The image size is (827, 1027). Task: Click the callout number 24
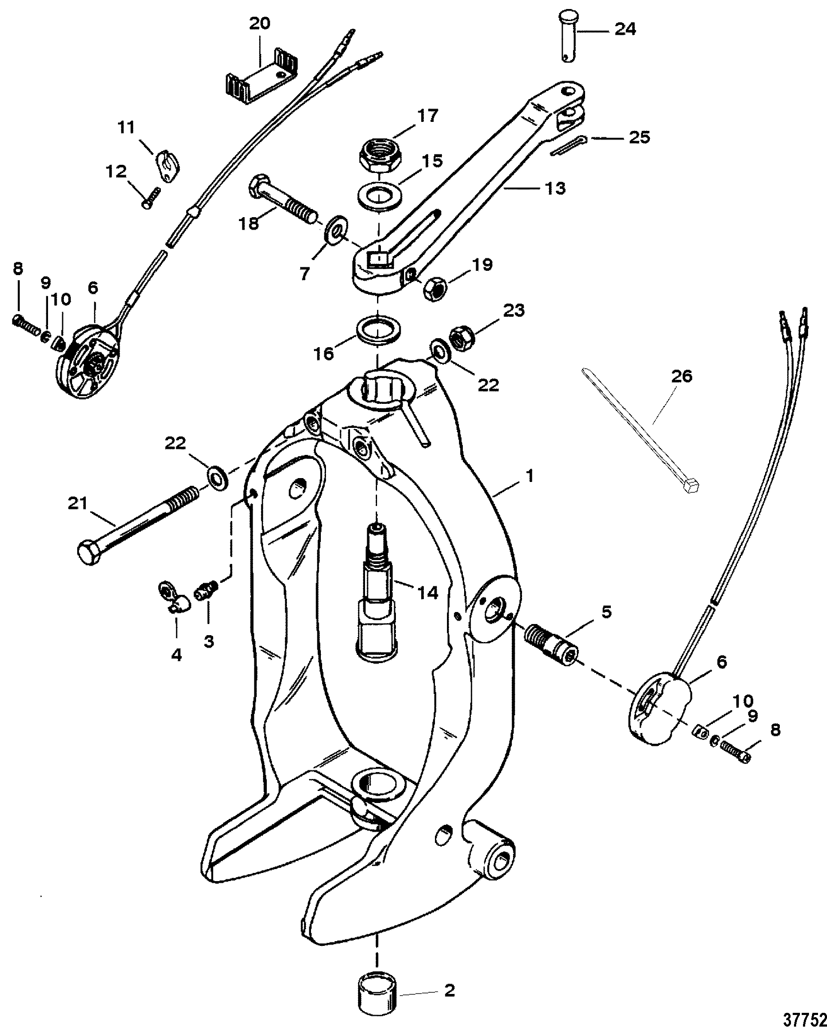pyautogui.click(x=625, y=29)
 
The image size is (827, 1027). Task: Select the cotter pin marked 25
pyautogui.click(x=573, y=145)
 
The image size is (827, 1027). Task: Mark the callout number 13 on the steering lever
pyautogui.click(x=555, y=188)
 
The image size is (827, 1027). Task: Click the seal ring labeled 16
pyautogui.click(x=378, y=331)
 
